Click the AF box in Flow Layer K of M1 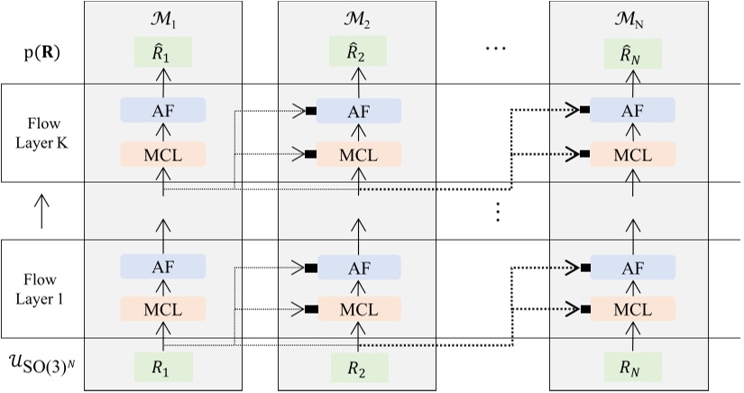point(163,111)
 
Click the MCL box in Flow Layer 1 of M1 point(163,309)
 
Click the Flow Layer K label point(41,133)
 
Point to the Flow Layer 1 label point(41,288)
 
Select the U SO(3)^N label point(41,367)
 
